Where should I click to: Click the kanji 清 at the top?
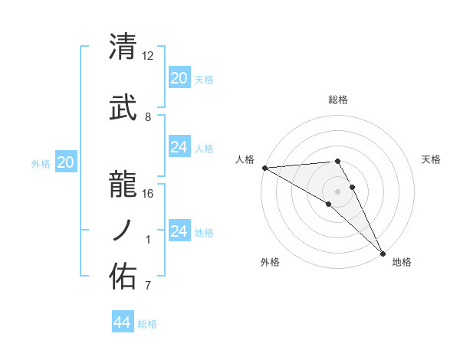[123, 47]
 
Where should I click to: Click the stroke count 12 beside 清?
[148, 56]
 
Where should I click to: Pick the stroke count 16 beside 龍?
[148, 193]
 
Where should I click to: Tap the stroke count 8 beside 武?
[148, 117]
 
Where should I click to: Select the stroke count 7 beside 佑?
[148, 286]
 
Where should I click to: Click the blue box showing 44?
[123, 322]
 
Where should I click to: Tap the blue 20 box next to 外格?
[66, 162]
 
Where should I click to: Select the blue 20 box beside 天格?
[179, 78]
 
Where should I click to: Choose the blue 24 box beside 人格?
[179, 147]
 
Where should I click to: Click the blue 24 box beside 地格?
[179, 231]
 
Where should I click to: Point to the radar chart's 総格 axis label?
[338, 100]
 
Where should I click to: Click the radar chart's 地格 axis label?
[402, 263]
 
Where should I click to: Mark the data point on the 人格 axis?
[264, 168]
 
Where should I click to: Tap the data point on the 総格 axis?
[337, 161]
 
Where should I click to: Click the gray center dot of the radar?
[337, 191]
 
